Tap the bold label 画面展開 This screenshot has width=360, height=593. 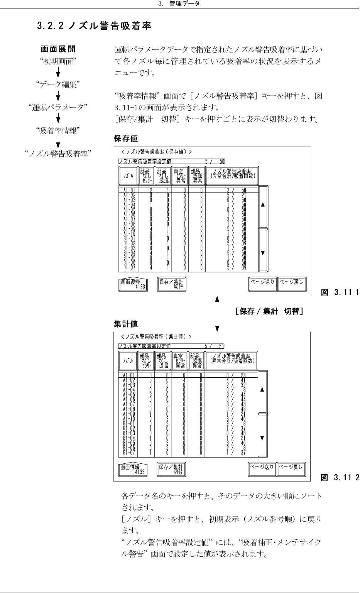coord(58,49)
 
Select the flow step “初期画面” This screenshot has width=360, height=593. coord(58,62)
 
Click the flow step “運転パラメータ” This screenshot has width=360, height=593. coord(58,108)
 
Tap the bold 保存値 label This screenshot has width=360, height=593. coord(126,138)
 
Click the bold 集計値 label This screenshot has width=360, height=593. coord(126,323)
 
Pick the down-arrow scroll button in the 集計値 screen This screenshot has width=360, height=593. coord(263,438)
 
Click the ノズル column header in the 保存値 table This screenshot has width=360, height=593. coord(128,176)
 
